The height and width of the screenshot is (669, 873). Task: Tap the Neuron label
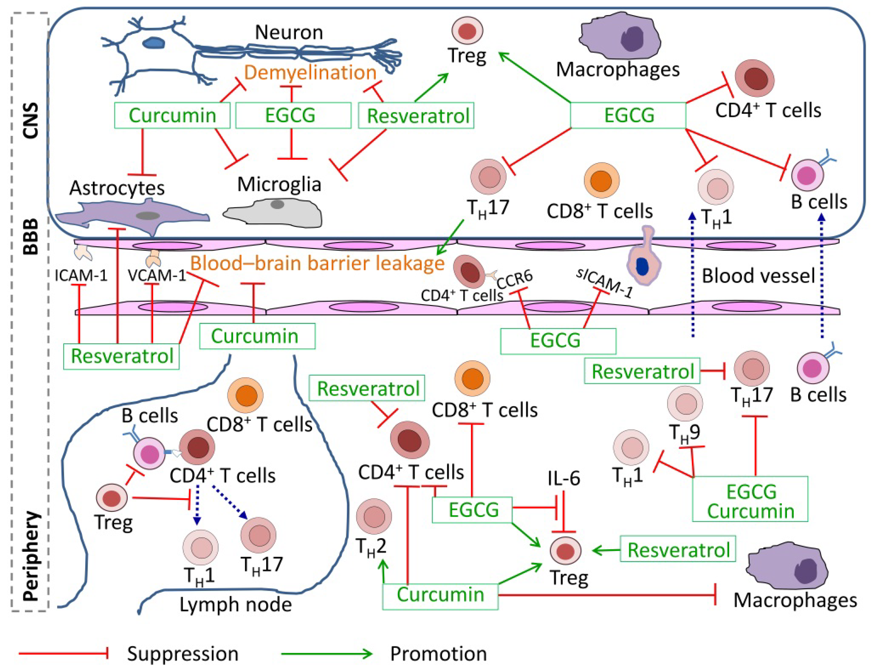point(289,32)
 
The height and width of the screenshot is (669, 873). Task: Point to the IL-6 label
point(563,478)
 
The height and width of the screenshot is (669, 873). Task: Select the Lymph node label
point(235,604)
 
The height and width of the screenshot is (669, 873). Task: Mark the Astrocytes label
point(117,188)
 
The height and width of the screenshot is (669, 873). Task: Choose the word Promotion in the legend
point(438,653)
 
